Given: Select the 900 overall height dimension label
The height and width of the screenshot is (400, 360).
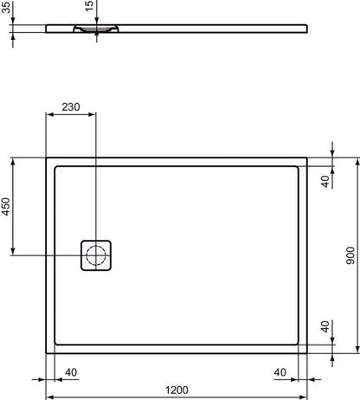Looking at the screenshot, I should (349, 255).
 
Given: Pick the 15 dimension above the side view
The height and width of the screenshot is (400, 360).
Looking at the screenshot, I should (88, 10).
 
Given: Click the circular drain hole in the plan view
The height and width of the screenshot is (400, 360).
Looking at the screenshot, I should (96, 255).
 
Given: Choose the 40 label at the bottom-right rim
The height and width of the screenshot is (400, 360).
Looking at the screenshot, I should (280, 372).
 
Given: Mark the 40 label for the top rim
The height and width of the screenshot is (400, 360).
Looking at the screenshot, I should (325, 180).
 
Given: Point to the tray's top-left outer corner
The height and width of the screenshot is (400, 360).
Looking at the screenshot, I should (46, 158).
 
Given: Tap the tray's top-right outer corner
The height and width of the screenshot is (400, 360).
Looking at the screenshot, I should (308, 158).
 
